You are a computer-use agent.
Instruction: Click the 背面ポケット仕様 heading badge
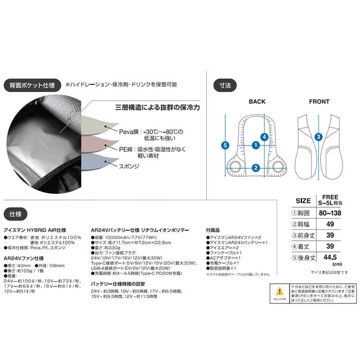30,85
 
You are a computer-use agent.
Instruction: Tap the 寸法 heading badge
224,85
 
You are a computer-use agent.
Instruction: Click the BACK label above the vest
257,102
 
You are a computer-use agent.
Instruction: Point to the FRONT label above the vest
319,102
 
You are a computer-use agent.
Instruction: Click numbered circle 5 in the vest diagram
224,146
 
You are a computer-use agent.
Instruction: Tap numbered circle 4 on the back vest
264,137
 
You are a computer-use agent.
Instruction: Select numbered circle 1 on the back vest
256,146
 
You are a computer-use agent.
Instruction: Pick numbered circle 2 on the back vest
256,167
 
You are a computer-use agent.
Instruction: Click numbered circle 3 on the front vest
319,137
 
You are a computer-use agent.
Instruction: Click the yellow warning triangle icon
279,305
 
